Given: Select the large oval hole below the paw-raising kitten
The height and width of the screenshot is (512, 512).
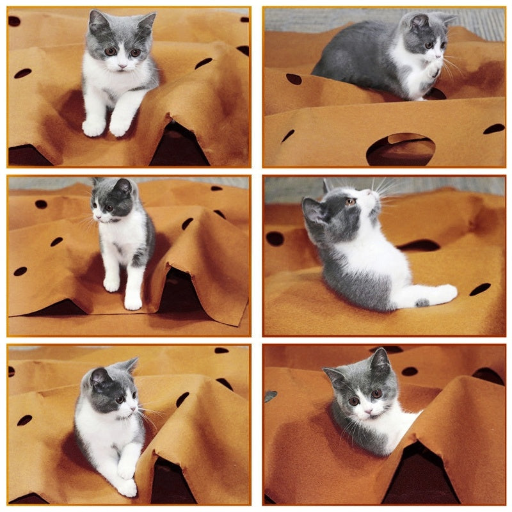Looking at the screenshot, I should tap(401, 149).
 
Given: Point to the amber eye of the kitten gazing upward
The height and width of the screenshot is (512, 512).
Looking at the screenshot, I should tap(351, 202).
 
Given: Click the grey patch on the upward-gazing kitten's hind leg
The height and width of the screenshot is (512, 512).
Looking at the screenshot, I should tap(422, 302).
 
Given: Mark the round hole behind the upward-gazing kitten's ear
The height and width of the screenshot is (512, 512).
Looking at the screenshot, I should tap(275, 238).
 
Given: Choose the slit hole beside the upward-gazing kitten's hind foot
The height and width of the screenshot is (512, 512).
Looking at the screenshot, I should tap(480, 289).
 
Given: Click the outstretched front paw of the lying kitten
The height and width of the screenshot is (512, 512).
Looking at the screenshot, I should tap(127, 488).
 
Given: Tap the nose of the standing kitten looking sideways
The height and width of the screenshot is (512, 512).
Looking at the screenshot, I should tap(97, 216).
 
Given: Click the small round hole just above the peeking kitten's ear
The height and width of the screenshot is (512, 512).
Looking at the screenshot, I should tap(410, 371).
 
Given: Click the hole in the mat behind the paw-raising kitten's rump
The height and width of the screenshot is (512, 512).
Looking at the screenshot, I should tap(294, 79).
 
